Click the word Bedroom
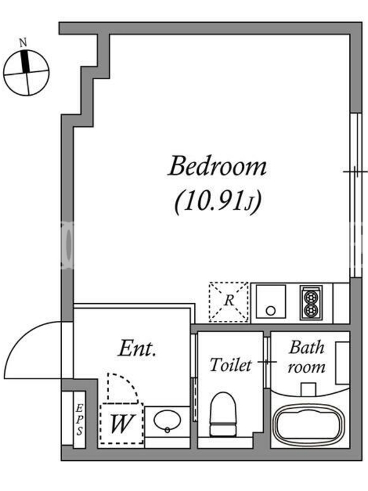218,166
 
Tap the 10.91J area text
218,201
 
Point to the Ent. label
137,349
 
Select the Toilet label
231,365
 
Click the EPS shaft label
80,419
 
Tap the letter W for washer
122,423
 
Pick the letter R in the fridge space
229,300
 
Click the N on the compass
23,42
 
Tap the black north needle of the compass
25,61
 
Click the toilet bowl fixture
223,414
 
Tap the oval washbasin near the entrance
167,420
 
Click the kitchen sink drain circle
270,311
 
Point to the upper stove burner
311,296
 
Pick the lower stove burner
311,311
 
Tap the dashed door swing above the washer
128,382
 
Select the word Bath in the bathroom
307,347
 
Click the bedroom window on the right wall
355,195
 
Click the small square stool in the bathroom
308,389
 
